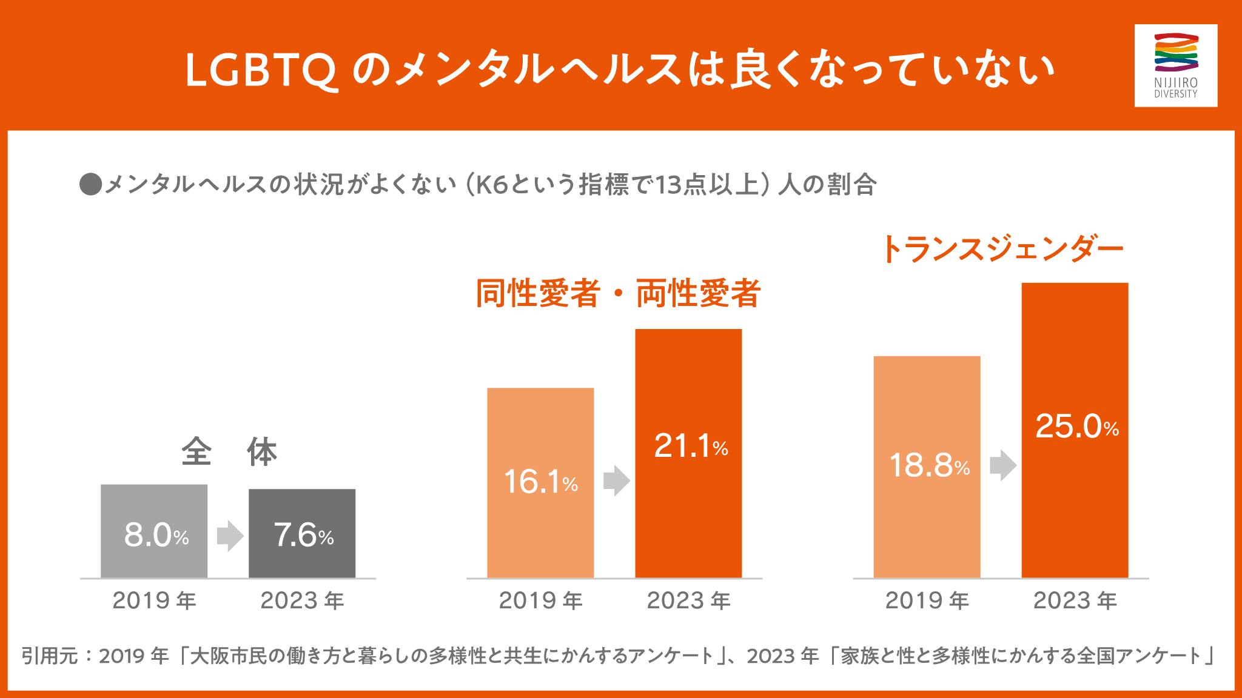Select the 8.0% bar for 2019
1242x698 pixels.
tap(154, 531)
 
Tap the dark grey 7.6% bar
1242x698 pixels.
tap(302, 533)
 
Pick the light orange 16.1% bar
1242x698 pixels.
tap(540, 482)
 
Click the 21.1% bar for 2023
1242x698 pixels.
tap(688, 453)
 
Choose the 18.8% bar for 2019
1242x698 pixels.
tap(927, 467)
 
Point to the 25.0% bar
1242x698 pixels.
tap(1075, 430)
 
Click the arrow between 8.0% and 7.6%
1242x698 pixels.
tap(229, 536)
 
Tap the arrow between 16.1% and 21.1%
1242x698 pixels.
tap(616, 481)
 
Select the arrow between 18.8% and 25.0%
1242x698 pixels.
tap(1002, 466)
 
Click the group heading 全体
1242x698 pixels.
tap(229, 453)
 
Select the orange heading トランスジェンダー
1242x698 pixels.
tap(1001, 249)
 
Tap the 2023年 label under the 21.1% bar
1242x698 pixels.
tap(688, 600)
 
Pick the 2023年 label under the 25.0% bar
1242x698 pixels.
tap(1075, 600)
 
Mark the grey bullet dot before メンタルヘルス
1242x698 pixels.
tap(90, 185)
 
